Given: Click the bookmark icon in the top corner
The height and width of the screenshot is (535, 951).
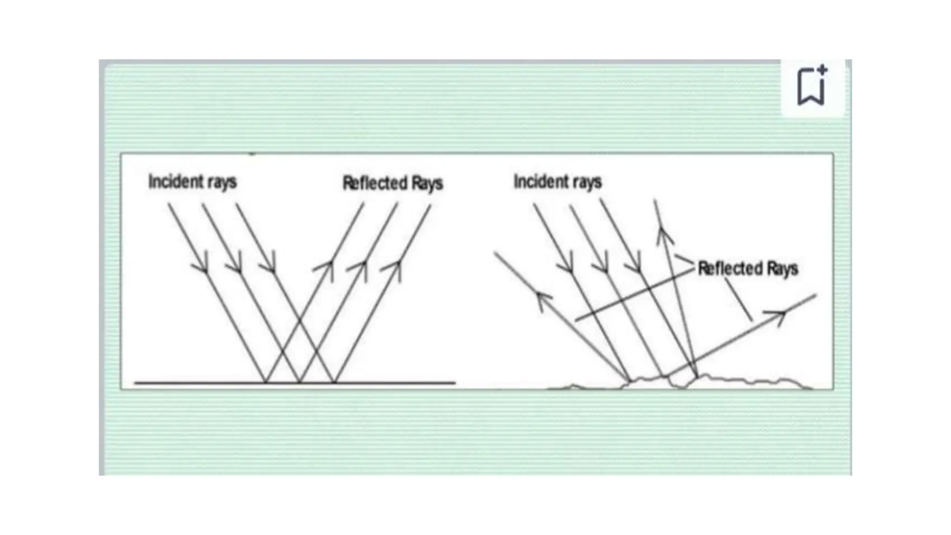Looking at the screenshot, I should (812, 86).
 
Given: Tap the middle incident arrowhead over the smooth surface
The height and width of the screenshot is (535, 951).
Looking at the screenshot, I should (236, 266).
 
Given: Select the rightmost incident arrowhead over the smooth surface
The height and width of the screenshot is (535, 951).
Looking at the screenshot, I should (270, 266).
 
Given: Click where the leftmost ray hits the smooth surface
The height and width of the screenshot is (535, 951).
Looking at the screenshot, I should (266, 382).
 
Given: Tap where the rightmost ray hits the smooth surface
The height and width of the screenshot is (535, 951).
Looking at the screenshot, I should (333, 382).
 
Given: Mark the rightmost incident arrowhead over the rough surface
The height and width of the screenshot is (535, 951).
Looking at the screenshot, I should (635, 266).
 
